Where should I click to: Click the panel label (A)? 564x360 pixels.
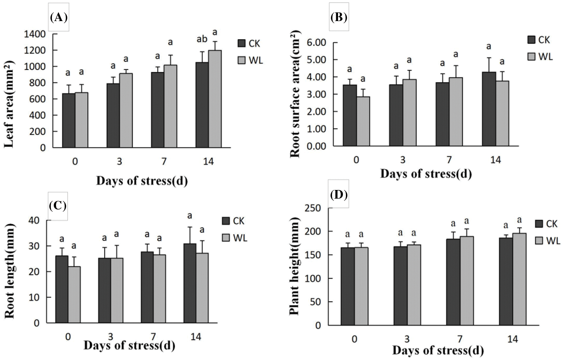click(x=58, y=17)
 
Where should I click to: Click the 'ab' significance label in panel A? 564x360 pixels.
click(x=202, y=39)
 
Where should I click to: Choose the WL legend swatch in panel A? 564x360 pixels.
click(x=241, y=60)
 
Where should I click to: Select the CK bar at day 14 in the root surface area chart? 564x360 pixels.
click(x=488, y=109)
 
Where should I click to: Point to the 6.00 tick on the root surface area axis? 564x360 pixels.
click(x=316, y=43)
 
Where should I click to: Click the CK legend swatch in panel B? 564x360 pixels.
click(x=531, y=40)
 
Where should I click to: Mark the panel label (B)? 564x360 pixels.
click(x=339, y=17)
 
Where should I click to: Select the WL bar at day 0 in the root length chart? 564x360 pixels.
click(x=74, y=295)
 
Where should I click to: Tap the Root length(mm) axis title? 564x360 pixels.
click(x=10, y=271)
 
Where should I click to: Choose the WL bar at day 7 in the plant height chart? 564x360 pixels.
click(x=466, y=281)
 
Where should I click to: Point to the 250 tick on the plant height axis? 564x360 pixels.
click(x=313, y=208)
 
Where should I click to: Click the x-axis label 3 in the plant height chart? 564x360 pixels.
click(x=407, y=339)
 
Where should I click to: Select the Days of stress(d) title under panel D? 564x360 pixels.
click(x=438, y=351)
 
